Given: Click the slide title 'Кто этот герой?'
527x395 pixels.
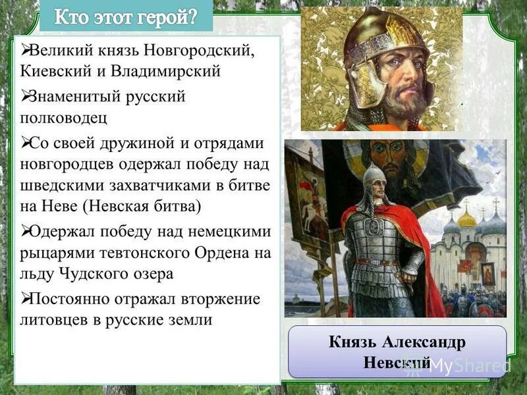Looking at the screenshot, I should (125, 16).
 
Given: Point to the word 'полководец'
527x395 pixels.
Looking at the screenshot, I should (63, 118).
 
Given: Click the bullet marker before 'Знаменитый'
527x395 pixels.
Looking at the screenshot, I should (26, 97).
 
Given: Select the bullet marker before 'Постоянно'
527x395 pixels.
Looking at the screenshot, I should (26, 298).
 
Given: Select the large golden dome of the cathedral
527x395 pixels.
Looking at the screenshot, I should (466, 217).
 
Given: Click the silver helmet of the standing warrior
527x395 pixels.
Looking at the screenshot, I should (374, 175).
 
